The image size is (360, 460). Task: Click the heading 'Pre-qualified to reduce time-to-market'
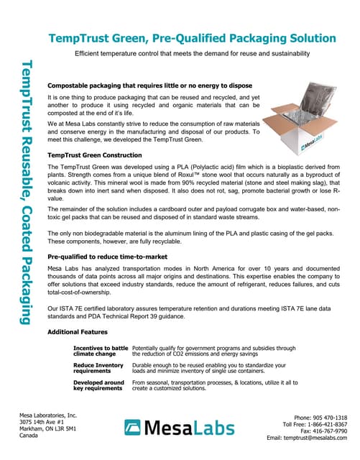(x=108, y=256)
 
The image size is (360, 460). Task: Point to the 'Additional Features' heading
(x=77, y=332)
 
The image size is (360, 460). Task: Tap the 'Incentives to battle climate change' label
(x=101, y=351)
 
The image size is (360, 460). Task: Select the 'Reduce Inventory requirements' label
(x=100, y=369)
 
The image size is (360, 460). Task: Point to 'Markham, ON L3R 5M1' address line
(x=48, y=429)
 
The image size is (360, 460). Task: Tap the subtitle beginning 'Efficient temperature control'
(x=193, y=54)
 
